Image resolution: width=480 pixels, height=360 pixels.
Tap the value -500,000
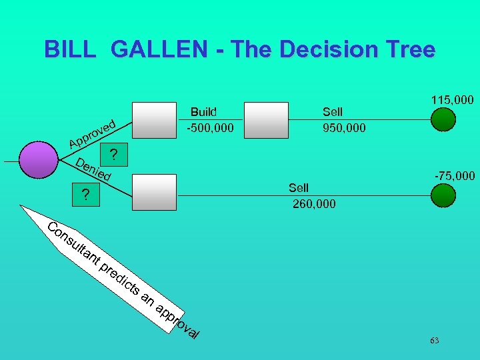coord(210,127)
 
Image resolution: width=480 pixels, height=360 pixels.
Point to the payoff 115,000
coord(452,100)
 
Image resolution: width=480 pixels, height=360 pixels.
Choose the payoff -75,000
coord(455,176)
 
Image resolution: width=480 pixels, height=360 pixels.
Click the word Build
coord(204,111)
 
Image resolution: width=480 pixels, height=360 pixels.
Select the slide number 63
coord(435,341)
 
